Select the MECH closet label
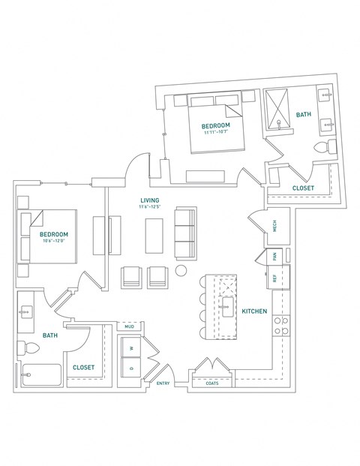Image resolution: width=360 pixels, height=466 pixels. (x=275, y=226)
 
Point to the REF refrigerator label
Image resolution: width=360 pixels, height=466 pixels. (x=275, y=277)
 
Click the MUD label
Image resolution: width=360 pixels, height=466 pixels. (x=129, y=327)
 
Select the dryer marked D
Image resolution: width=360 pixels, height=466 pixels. (x=131, y=368)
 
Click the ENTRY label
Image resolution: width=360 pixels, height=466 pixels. (x=163, y=383)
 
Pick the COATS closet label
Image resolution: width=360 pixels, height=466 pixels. (x=213, y=383)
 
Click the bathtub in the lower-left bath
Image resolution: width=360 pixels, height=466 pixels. (x=40, y=374)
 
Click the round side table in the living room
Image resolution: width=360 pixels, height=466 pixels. (x=181, y=270)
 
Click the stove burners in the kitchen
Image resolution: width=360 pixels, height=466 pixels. (x=280, y=325)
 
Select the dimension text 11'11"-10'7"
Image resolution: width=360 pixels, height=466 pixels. (x=215, y=133)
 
